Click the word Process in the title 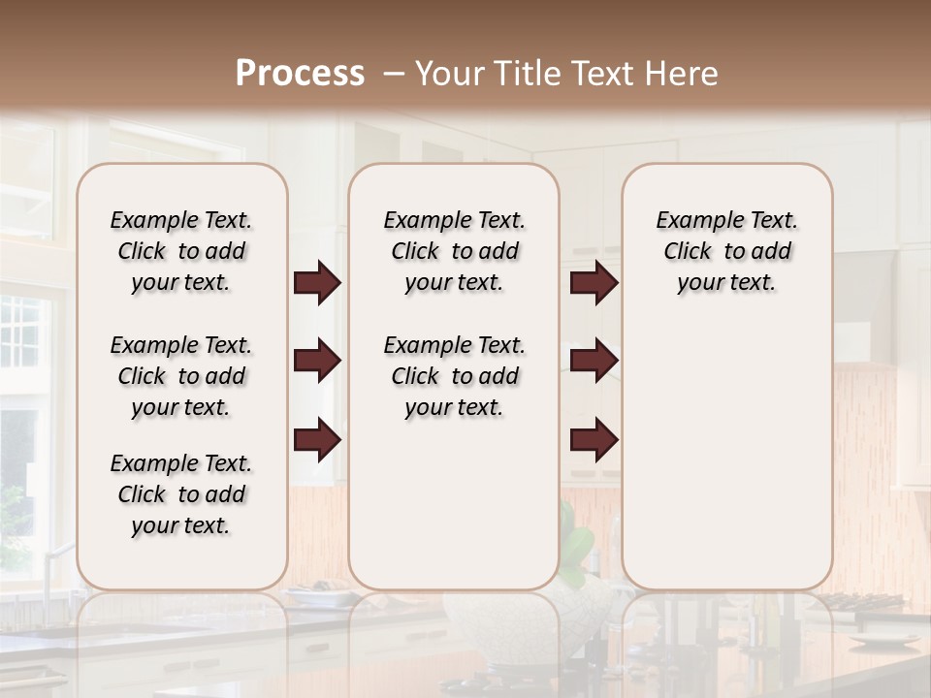coord(300,74)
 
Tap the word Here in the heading coord(683,74)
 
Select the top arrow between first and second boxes coord(317,283)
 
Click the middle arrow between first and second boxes coord(317,362)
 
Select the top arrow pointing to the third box coord(594,283)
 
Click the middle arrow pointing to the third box coord(594,362)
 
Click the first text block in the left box coord(181,251)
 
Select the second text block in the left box coord(181,376)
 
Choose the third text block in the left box coord(181,494)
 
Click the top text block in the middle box coord(454,251)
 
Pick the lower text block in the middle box coord(454,376)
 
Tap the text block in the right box coord(726,251)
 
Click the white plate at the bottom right coord(883,640)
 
